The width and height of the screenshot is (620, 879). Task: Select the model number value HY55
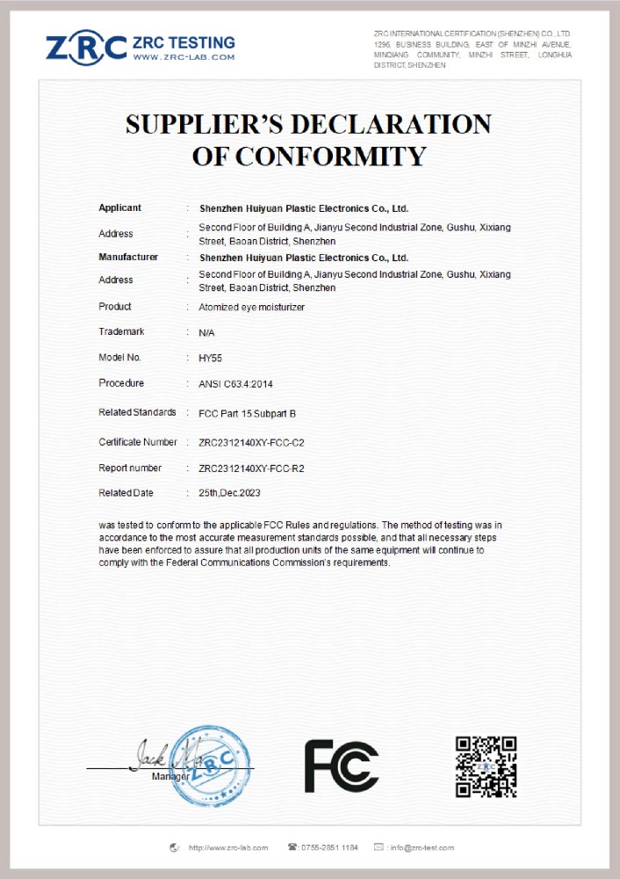pyautogui.click(x=211, y=358)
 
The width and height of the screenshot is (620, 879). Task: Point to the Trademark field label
pyautogui.click(x=121, y=332)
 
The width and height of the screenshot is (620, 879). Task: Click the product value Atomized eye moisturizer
pyautogui.click(x=251, y=307)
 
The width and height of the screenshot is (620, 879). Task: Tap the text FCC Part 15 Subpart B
pyautogui.click(x=247, y=413)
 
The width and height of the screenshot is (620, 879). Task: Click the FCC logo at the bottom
pyautogui.click(x=342, y=766)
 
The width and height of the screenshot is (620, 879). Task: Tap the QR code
pyautogui.click(x=486, y=766)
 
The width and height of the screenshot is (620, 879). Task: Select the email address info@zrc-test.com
pyautogui.click(x=422, y=847)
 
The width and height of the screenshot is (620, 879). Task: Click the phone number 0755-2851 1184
pyautogui.click(x=329, y=847)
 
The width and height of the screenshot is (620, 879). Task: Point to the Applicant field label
pyautogui.click(x=119, y=208)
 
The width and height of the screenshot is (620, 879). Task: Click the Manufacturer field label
pyautogui.click(x=128, y=258)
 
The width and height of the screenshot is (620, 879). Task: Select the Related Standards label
pyautogui.click(x=137, y=412)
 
